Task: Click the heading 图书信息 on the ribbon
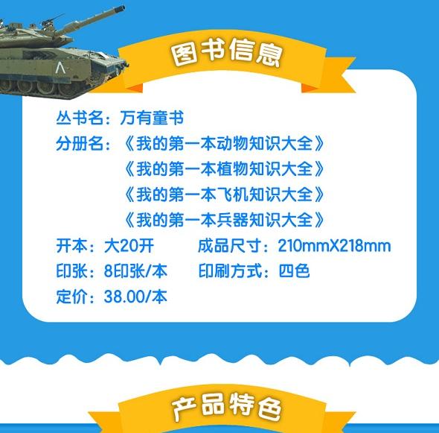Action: point(226,53)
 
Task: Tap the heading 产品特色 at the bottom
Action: point(226,407)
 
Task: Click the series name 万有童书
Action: point(152,118)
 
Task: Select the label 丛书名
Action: point(80,118)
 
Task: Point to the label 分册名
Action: point(80,143)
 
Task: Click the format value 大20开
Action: point(129,246)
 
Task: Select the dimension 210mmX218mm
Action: point(334,246)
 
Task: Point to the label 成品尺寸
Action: point(230,246)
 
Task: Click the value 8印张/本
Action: point(135,271)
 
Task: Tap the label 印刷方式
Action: point(230,271)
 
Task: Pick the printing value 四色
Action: point(294,271)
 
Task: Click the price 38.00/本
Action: point(135,297)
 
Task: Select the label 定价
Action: point(71,297)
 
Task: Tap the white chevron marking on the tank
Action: point(60,68)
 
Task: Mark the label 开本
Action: point(71,246)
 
